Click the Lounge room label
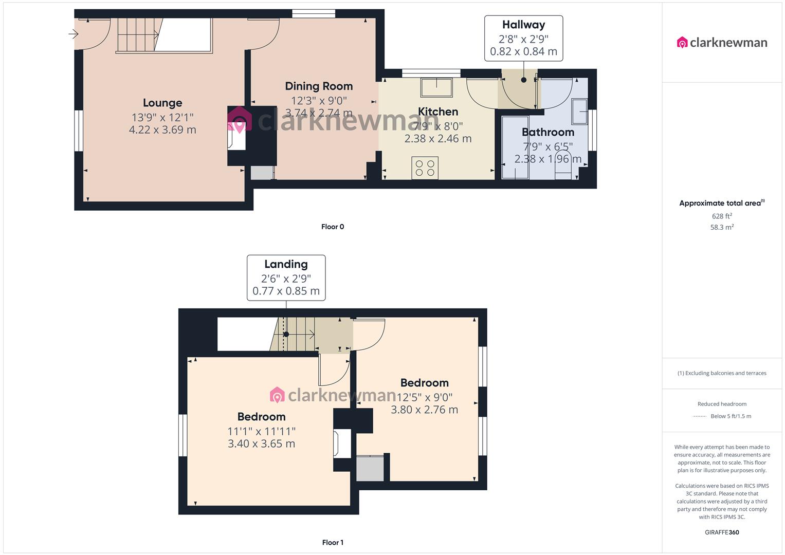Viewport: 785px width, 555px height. (x=162, y=103)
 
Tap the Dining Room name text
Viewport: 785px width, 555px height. (x=319, y=86)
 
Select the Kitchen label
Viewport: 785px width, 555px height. (x=438, y=112)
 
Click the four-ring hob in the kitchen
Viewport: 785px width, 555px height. (x=425, y=168)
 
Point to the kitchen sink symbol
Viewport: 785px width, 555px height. (x=436, y=87)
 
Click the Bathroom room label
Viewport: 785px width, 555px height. (x=548, y=132)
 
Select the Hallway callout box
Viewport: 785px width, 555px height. (x=523, y=38)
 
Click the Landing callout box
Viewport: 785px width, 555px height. (x=286, y=277)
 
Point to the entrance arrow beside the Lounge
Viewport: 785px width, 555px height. (x=73, y=34)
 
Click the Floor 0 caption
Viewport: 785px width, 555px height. (x=333, y=227)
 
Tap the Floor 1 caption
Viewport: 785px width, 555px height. (x=333, y=542)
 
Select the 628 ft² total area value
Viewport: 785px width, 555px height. (x=722, y=216)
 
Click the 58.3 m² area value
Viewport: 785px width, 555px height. (x=722, y=227)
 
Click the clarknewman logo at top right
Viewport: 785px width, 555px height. (x=722, y=43)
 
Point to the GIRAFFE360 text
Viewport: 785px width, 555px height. (x=722, y=532)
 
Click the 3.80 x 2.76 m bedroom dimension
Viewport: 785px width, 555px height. (x=424, y=410)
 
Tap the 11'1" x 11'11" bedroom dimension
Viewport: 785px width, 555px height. (x=262, y=432)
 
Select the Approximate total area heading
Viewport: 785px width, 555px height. (x=721, y=203)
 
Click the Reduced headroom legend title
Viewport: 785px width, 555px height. (x=722, y=404)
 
